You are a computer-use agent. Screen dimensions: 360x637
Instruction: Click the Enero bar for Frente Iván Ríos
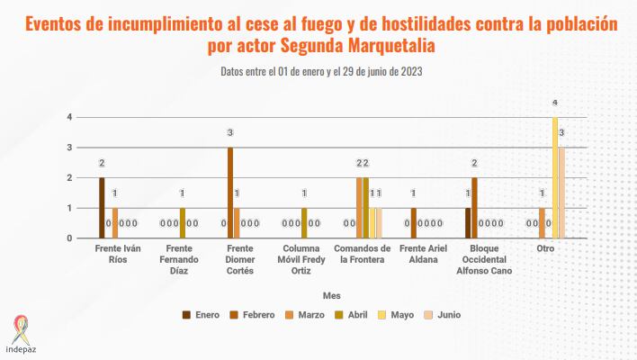[102, 208]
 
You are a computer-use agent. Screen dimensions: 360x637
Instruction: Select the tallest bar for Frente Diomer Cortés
[230, 193]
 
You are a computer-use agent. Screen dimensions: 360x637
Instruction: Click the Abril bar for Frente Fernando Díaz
[183, 223]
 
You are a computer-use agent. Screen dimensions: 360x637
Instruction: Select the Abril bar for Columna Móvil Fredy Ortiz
[304, 223]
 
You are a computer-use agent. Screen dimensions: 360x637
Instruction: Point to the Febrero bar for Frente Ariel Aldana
[413, 223]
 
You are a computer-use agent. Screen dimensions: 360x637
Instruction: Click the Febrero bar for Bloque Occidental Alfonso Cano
[474, 208]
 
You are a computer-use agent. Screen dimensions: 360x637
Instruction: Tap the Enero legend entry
[203, 314]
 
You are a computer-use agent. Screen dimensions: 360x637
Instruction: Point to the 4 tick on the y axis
[69, 118]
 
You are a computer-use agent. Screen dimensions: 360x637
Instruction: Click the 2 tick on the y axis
[69, 178]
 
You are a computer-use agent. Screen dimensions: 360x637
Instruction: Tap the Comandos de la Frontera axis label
[362, 254]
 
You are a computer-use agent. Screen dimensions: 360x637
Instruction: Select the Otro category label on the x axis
[545, 248]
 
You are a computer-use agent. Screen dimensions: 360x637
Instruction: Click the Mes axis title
[331, 294]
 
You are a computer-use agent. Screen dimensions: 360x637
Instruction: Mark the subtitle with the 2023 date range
[321, 71]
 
